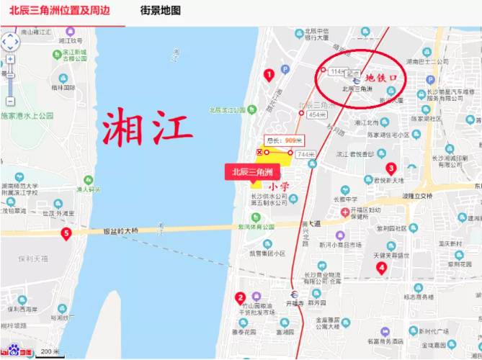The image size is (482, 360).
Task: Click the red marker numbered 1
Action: [269, 74]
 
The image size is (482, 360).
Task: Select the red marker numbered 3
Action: [391, 168]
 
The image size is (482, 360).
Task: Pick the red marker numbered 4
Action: [382, 268]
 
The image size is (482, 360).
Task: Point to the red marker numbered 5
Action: [66, 233]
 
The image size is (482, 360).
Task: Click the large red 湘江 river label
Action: [147, 128]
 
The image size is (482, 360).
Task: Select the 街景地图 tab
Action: [161, 11]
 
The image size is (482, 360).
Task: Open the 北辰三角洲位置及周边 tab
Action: [61, 11]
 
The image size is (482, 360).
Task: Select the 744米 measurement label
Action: [305, 155]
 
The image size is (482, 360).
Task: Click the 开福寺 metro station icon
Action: [294, 294]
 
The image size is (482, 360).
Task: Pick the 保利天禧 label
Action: [33, 258]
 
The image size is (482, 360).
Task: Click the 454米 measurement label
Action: [317, 114]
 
